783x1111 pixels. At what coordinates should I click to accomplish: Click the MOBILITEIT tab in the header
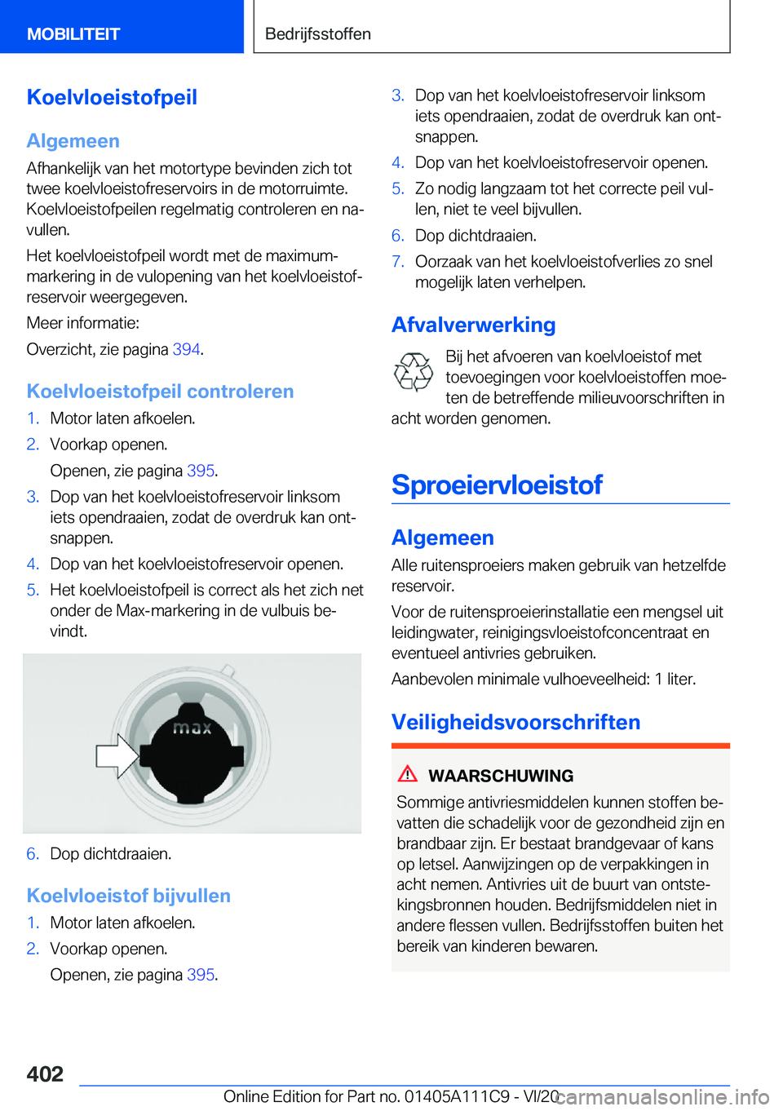pos(73,34)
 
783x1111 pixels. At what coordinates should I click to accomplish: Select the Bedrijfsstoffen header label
pos(318,34)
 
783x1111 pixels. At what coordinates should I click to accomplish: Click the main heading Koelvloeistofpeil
pos(112,97)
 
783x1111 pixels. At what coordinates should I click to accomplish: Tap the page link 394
pos(186,349)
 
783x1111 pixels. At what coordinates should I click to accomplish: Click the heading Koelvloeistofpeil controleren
pos(160,392)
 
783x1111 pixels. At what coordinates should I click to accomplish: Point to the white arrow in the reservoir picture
pos(117,755)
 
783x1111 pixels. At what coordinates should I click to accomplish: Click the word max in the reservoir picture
pos(192,727)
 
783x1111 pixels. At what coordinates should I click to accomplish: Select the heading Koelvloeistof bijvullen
pos(128,896)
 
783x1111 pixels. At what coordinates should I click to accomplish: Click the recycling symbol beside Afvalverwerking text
pos(414,372)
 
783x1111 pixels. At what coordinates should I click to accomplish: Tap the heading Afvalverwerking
pos(473,325)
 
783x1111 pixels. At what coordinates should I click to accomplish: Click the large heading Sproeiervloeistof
pos(497,485)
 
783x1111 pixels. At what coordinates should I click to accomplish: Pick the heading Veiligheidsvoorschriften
pos(515,722)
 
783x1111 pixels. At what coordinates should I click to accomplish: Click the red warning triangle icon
pos(408,773)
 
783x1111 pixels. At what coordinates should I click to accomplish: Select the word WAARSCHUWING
pos(501,776)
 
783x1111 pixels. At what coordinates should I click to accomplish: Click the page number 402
pos(45,1073)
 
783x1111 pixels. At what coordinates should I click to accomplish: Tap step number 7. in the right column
pos(397,262)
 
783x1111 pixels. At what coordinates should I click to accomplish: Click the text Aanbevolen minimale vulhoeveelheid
pos(520,679)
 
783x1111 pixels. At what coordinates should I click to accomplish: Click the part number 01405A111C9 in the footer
pos(457,1096)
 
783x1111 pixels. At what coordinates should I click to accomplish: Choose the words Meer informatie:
pos(82,323)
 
